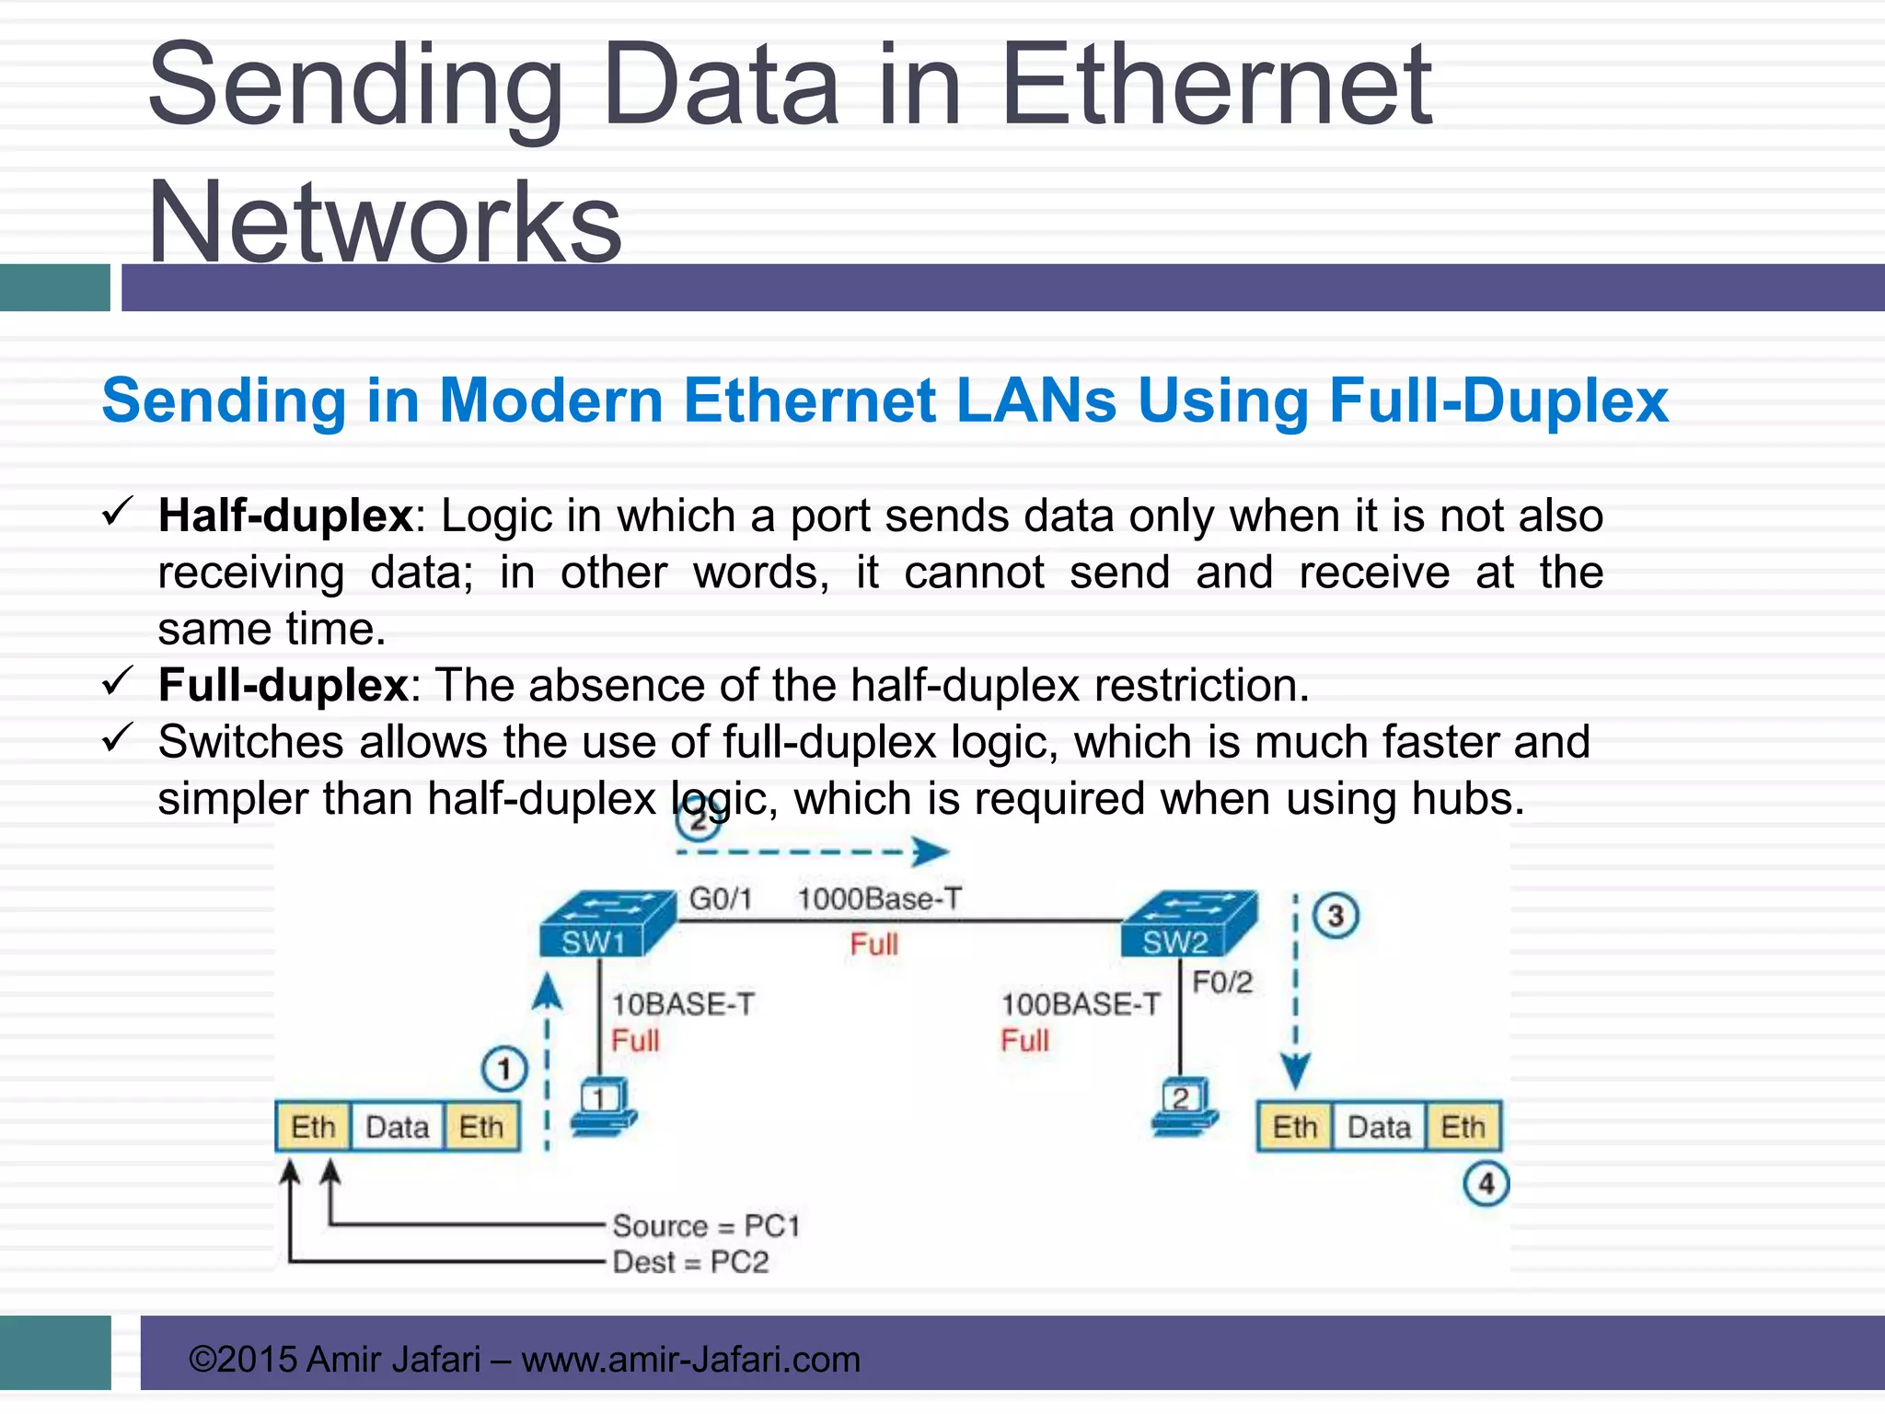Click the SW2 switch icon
pyautogui.click(x=1188, y=923)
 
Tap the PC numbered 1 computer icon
pyautogui.click(x=604, y=1107)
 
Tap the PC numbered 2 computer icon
pyautogui.click(x=1185, y=1107)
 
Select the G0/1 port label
pyautogui.click(x=721, y=898)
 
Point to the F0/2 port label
pyautogui.click(x=1222, y=982)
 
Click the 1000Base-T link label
pyautogui.click(x=879, y=898)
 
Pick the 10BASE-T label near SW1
pyautogui.click(x=683, y=1004)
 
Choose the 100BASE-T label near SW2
pyautogui.click(x=1081, y=1004)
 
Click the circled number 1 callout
pyautogui.click(x=504, y=1070)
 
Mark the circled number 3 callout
pyautogui.click(x=1336, y=916)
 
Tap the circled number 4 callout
pyautogui.click(x=1486, y=1184)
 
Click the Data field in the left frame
pyautogui.click(x=398, y=1128)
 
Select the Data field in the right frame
pyautogui.click(x=1379, y=1128)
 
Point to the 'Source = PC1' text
pyautogui.click(x=706, y=1226)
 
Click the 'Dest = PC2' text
pyautogui.click(x=690, y=1262)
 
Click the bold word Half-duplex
pyautogui.click(x=285, y=516)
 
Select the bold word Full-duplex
pyautogui.click(x=283, y=685)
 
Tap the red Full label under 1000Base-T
pyautogui.click(x=873, y=945)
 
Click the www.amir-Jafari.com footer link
pyautogui.click(x=690, y=1360)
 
